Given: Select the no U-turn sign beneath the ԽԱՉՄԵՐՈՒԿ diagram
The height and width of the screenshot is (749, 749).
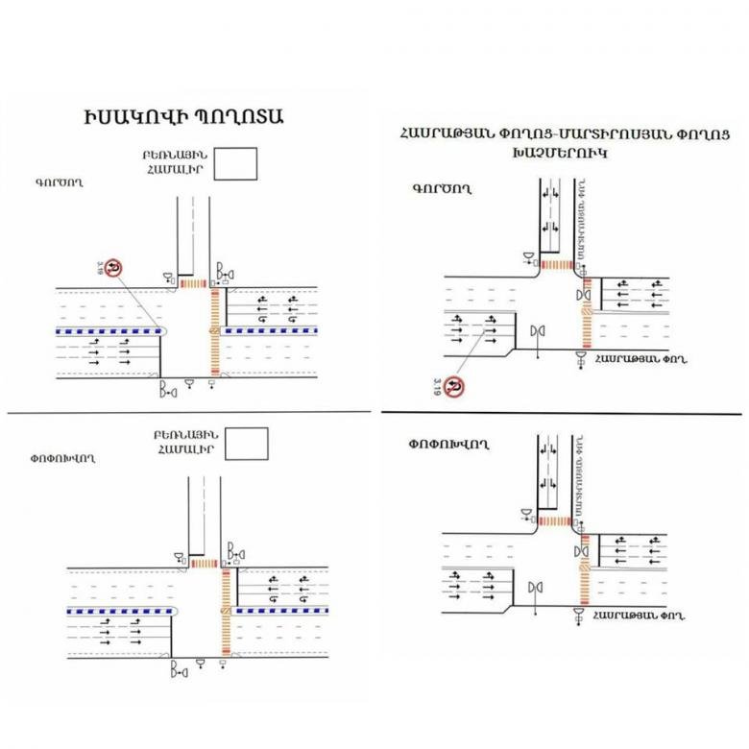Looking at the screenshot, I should (x=457, y=387).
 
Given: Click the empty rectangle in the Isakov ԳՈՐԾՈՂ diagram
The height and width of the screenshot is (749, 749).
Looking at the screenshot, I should (x=237, y=163).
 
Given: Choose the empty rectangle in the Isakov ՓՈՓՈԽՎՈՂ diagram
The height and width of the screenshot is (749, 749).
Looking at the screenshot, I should (x=242, y=442).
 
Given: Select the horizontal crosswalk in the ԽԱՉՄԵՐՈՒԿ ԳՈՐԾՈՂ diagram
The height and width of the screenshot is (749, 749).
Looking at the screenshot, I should (x=556, y=263).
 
